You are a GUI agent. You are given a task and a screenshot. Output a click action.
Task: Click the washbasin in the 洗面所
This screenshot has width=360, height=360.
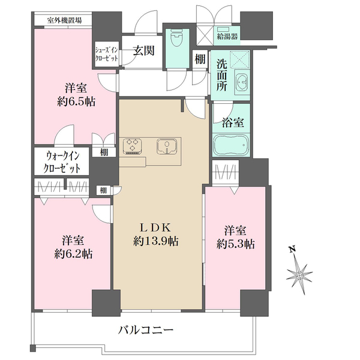(x=241, y=85)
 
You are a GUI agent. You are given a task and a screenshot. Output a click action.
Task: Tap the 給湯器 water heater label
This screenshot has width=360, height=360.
(x=228, y=37)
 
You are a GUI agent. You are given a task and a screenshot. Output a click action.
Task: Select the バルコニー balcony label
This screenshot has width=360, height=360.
(x=145, y=329)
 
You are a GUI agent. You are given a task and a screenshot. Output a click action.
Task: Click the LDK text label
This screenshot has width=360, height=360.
(x=156, y=227)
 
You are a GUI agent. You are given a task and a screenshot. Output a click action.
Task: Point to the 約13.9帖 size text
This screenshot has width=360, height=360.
(x=156, y=242)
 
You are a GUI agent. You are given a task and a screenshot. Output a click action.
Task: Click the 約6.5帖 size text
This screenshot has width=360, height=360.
(x=76, y=100)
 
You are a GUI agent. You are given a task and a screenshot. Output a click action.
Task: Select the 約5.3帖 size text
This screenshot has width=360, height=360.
(x=236, y=244)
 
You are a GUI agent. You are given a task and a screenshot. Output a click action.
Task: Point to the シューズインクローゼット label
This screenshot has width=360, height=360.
(x=105, y=53)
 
